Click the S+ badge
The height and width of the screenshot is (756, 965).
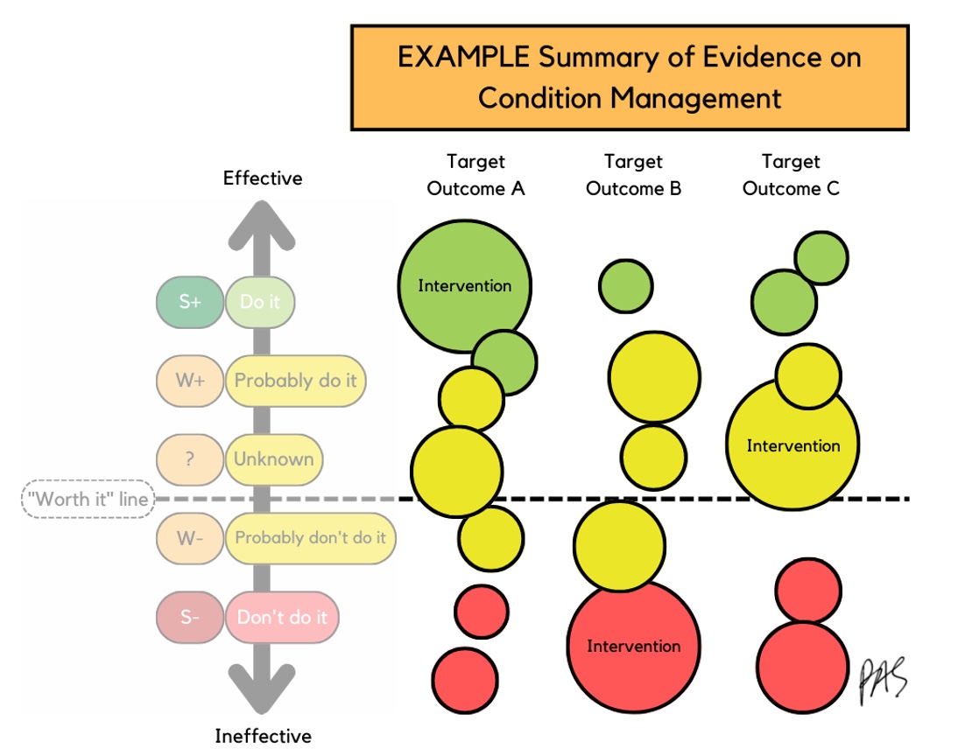click(x=190, y=302)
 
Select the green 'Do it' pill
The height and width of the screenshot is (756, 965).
click(x=260, y=302)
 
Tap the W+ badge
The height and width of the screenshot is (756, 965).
click(x=190, y=381)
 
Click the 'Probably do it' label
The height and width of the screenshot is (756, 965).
click(x=295, y=381)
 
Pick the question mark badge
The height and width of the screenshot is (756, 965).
click(x=190, y=459)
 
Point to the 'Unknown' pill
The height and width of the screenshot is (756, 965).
click(x=274, y=459)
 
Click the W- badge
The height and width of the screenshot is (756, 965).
click(x=190, y=538)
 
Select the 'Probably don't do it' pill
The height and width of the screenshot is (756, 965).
click(x=310, y=538)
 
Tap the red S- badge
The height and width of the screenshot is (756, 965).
click(x=190, y=617)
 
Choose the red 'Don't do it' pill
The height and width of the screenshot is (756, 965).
click(x=282, y=617)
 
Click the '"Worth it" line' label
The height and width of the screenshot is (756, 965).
click(x=88, y=499)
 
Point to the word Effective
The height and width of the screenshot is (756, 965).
click(x=263, y=178)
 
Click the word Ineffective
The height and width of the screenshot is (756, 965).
click(x=263, y=736)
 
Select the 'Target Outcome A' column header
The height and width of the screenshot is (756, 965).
click(x=475, y=175)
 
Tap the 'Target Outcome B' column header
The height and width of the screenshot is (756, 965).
click(x=633, y=175)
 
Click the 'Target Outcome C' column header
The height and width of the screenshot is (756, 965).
click(x=791, y=175)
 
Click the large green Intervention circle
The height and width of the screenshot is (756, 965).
click(x=465, y=286)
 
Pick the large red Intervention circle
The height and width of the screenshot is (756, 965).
click(x=633, y=646)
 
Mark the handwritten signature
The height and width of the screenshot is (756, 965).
click(x=884, y=681)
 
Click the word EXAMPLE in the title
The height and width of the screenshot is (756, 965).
click(x=463, y=57)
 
